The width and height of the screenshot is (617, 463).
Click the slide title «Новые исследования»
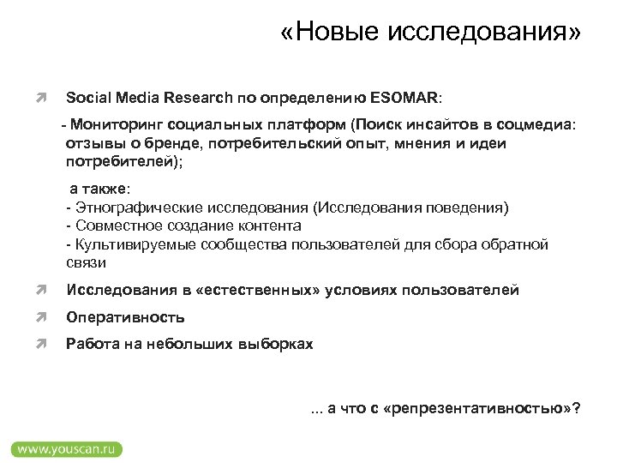point(430,33)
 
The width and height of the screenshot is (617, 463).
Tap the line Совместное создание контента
point(183,225)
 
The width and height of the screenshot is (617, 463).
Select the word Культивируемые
point(128,244)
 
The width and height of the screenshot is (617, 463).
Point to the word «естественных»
point(257,291)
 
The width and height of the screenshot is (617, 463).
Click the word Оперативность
point(126,317)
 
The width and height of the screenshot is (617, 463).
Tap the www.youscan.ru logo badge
point(66,448)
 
